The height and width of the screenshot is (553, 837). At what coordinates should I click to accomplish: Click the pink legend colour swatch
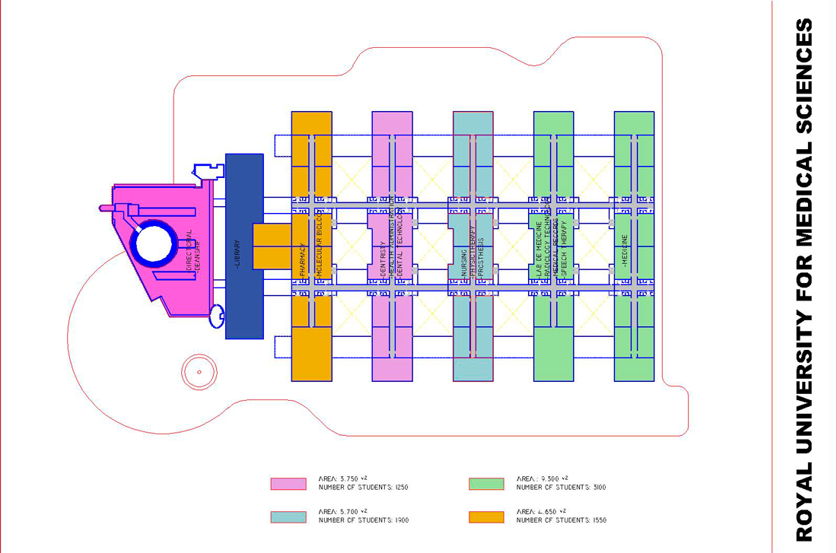[x=288, y=484]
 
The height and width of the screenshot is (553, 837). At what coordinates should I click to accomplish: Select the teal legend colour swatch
[x=288, y=517]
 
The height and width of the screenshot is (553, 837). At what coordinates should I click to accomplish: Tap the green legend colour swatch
[x=487, y=484]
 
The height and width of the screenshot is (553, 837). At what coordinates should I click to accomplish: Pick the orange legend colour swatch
[x=487, y=517]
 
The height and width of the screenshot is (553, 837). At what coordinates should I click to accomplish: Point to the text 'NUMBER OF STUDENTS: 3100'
[x=561, y=488]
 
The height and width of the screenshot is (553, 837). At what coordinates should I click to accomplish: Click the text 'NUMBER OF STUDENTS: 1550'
[x=561, y=521]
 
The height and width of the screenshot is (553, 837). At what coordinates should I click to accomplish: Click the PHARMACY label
[x=303, y=259]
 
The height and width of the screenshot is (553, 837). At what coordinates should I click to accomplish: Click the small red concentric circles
[x=199, y=372]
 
